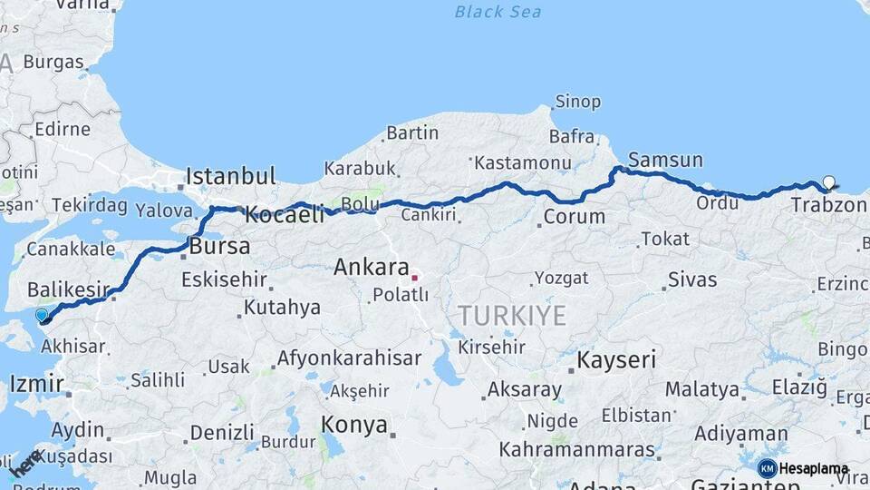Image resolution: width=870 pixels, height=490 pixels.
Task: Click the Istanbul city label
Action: tap(230, 175)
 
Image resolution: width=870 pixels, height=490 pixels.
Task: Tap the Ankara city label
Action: tap(372, 268)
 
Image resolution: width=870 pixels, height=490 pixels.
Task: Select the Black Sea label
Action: tap(498, 12)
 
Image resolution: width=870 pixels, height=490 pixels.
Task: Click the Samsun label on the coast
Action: tap(664, 161)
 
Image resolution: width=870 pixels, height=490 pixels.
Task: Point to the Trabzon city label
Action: tap(828, 205)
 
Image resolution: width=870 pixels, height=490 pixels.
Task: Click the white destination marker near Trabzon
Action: tap(828, 182)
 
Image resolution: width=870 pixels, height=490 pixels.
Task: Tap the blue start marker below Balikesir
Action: tap(42, 316)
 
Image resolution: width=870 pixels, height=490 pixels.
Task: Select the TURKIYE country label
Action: tap(512, 316)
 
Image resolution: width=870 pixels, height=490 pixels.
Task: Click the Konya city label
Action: tap(354, 425)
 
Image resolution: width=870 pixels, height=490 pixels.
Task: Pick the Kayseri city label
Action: tap(616, 359)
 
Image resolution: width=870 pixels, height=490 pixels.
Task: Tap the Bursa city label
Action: tap(219, 247)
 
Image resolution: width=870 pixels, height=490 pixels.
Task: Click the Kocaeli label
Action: tap(285, 216)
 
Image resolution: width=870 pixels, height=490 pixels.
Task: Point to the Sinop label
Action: tap(577, 102)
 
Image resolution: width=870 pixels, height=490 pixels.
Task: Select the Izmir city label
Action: tap(36, 383)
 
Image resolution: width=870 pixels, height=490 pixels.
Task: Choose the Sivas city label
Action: tap(691, 279)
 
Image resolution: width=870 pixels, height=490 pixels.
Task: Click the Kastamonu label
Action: tap(523, 163)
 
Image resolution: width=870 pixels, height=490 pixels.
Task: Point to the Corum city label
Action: tap(575, 217)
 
